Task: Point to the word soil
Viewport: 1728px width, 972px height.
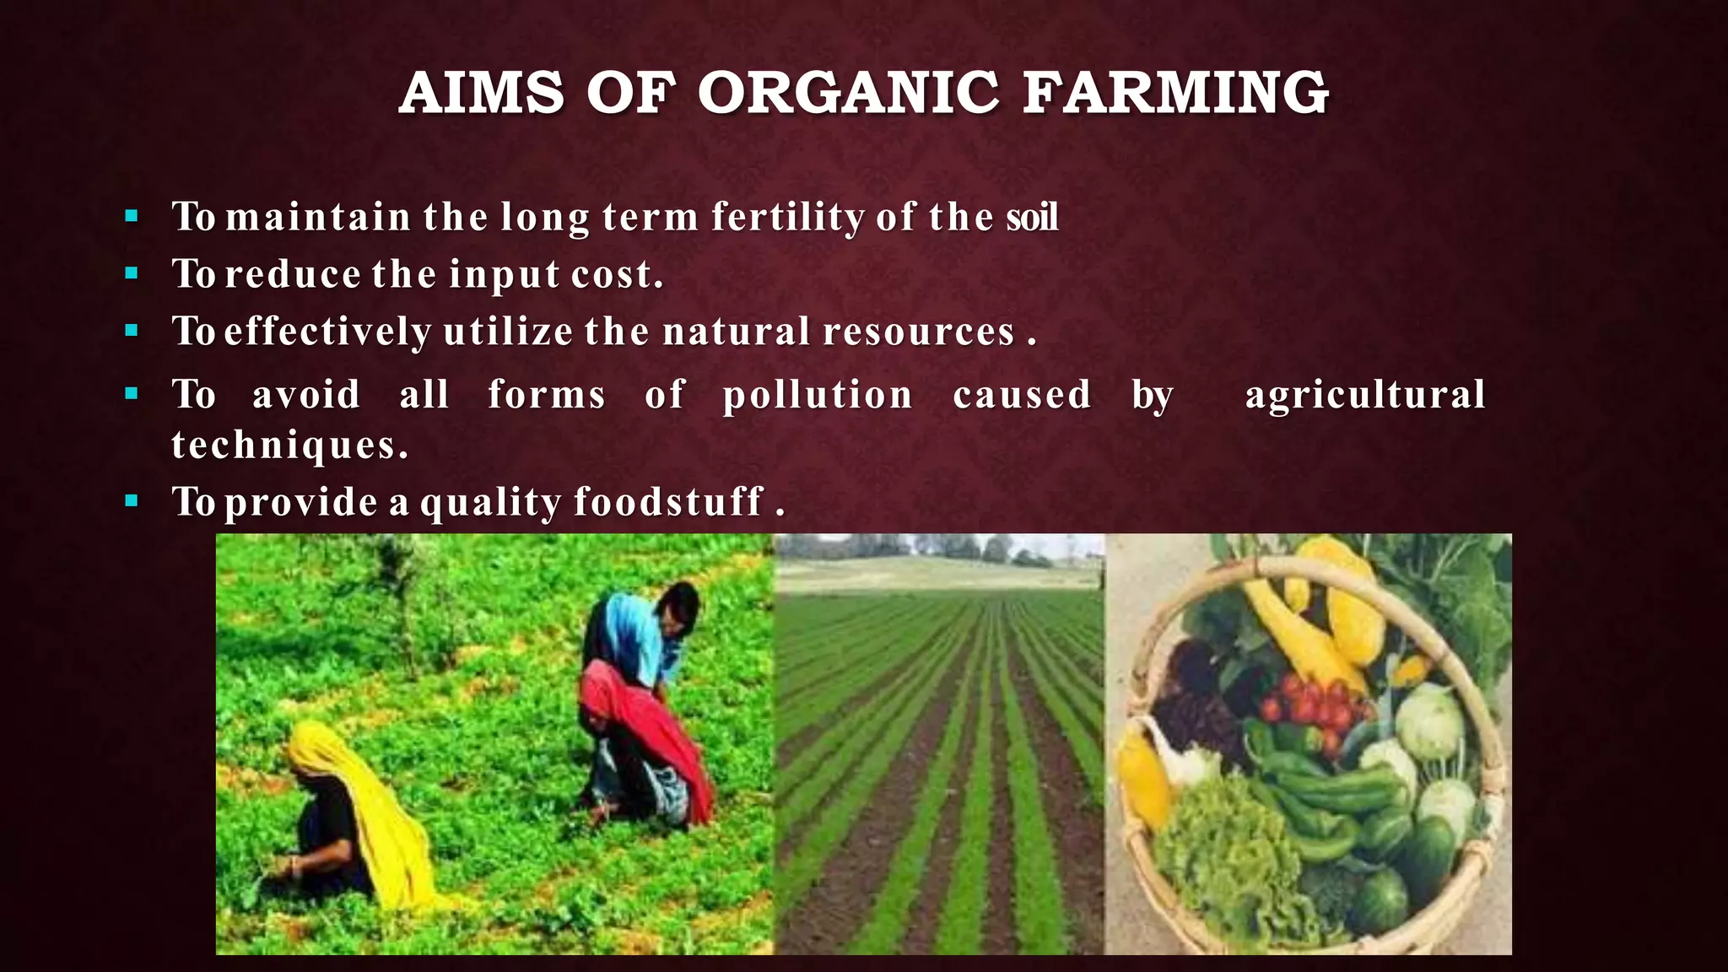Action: pos(1031,217)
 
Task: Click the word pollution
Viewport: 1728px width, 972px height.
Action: pos(818,395)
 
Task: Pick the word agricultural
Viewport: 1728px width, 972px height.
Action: pos(1364,395)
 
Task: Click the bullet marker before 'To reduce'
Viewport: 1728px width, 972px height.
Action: pos(131,273)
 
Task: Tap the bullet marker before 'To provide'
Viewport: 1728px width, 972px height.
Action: pos(131,501)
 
